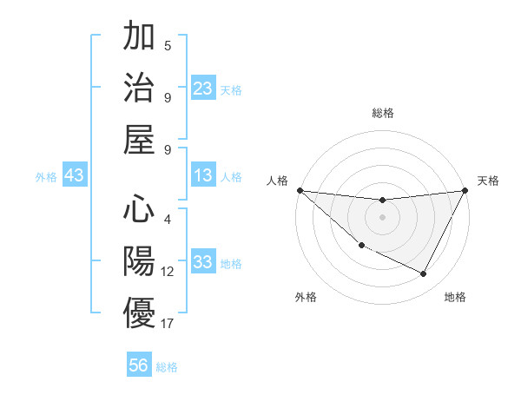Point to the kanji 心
139,209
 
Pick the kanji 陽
139,261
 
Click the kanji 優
139,313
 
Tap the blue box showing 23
202,89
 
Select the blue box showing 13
202,176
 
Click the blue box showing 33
202,263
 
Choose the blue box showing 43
75,176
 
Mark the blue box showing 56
139,365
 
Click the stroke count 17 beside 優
168,324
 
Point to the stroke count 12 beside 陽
168,272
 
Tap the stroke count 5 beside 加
168,45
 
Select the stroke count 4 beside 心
168,220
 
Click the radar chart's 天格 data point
465,190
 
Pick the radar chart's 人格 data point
300,189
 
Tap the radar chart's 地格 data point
424,274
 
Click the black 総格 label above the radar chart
383,113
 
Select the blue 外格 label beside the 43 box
46,177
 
